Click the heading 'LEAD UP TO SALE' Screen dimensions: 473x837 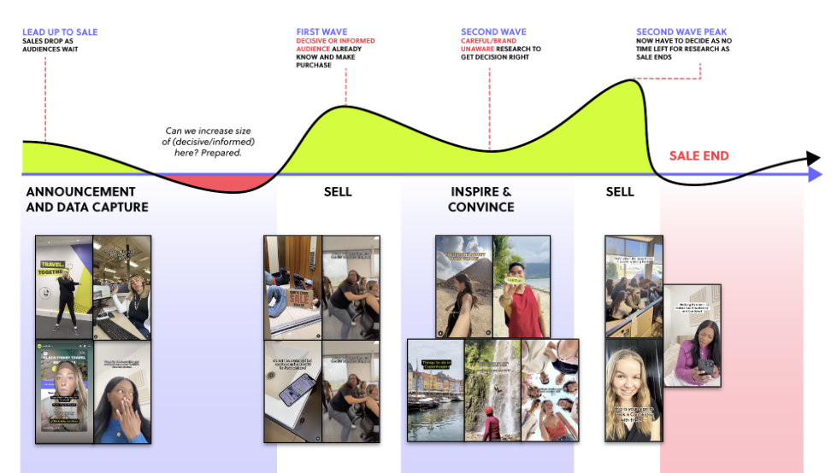click(60, 32)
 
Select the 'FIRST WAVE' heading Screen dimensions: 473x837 click(322, 32)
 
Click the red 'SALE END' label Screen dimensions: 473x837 click(698, 155)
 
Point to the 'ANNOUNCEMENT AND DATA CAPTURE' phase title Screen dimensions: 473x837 click(87, 199)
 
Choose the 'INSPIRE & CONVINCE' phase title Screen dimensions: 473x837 click(481, 199)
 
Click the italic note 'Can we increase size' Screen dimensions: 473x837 click(210, 131)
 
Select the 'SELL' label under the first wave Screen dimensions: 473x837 click(338, 191)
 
